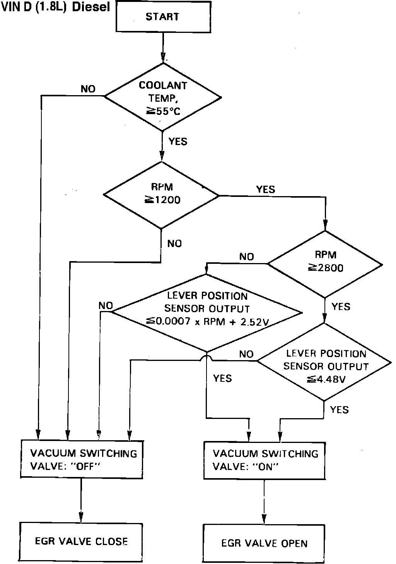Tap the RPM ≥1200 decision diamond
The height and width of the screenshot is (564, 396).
[x=161, y=195]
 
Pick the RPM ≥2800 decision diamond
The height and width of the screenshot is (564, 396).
[x=325, y=264]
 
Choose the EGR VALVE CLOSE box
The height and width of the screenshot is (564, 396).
[x=81, y=541]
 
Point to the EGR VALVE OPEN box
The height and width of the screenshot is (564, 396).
[x=265, y=543]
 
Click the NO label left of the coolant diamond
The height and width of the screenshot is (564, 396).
[x=88, y=89]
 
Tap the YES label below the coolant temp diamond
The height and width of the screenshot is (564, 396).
[x=178, y=142]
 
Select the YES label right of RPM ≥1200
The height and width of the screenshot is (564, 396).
[x=266, y=189]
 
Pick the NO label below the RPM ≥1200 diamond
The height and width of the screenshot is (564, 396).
[x=174, y=244]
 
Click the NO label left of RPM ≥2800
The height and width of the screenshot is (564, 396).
[x=246, y=257]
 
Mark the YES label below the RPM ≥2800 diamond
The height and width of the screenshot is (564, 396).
[x=341, y=307]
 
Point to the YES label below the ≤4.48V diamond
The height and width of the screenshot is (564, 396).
[x=339, y=409]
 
